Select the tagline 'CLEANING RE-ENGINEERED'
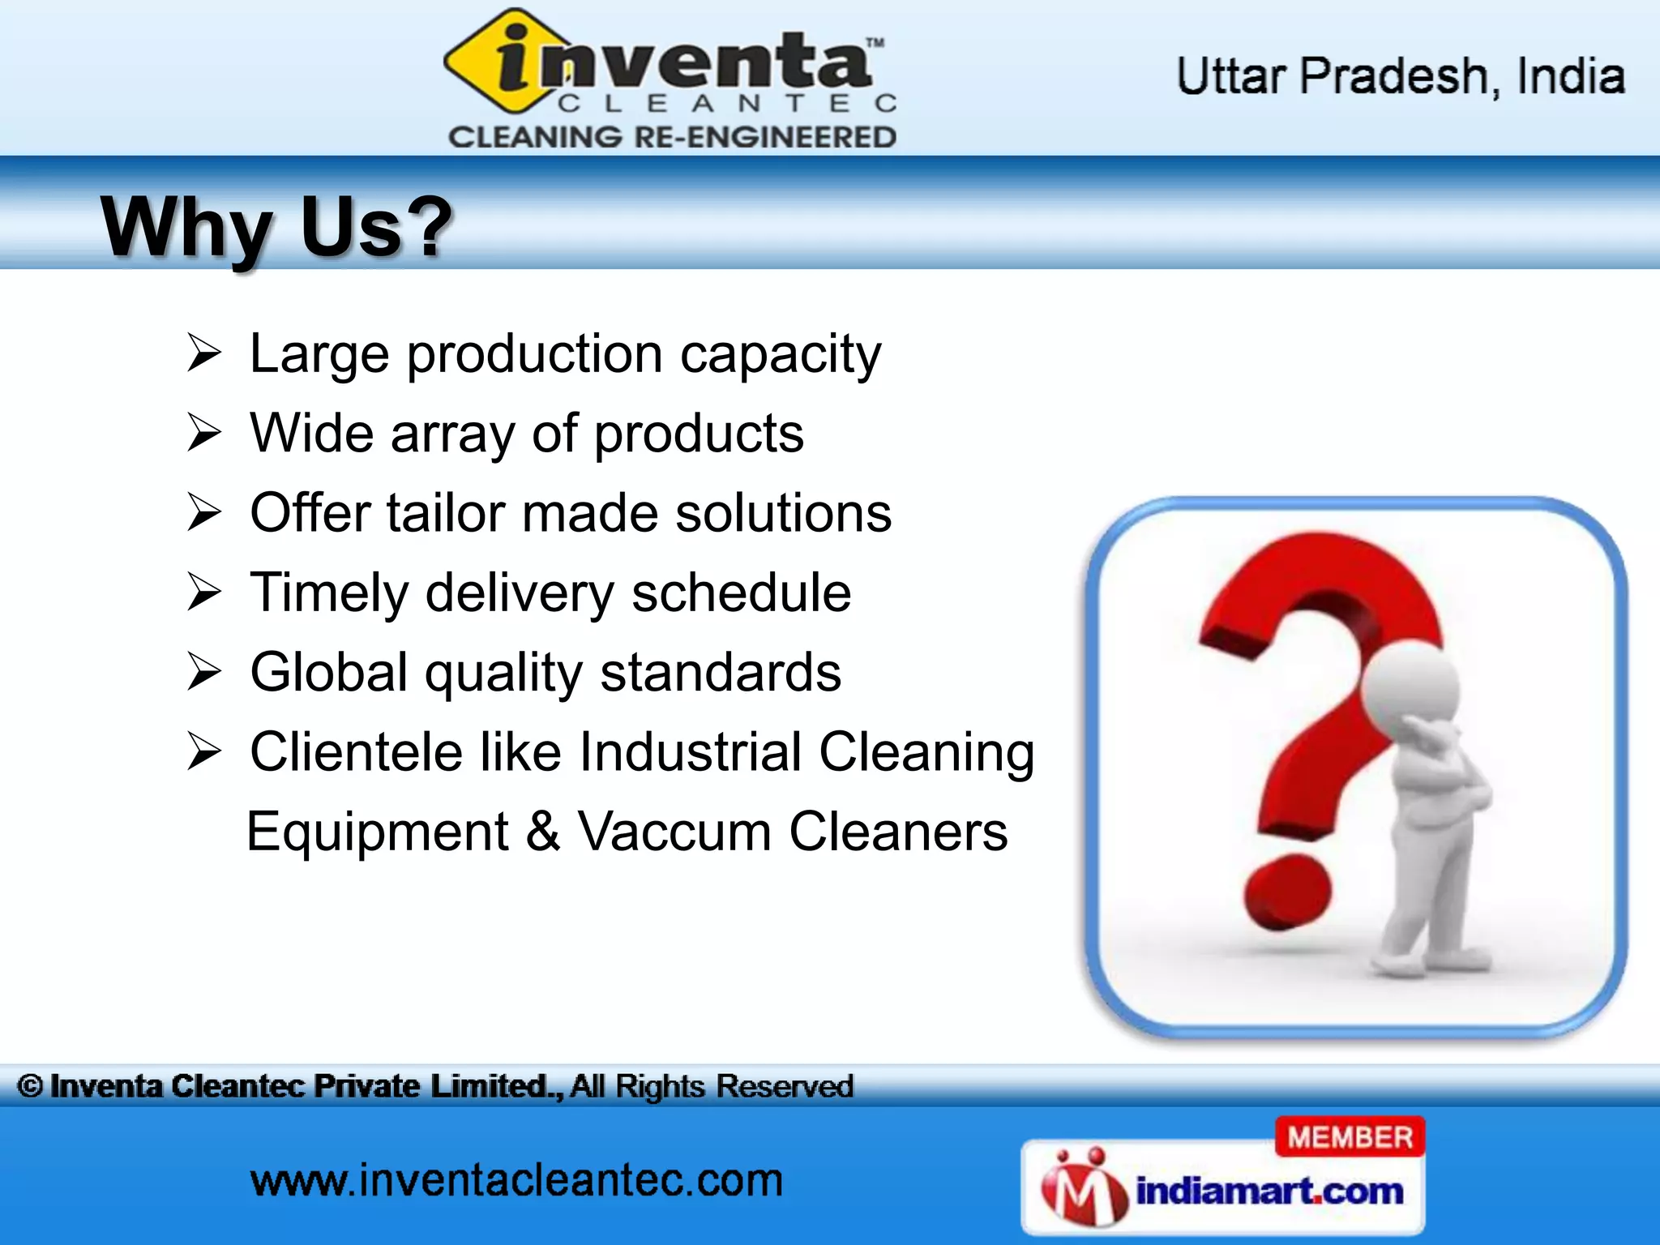pos(673,137)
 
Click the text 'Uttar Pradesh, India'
pos(1400,77)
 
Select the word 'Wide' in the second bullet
pos(311,433)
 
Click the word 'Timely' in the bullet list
pos(329,593)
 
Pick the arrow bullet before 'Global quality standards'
pos(203,672)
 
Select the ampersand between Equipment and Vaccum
pos(542,832)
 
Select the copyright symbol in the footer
pos(30,1086)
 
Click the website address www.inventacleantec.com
pos(516,1180)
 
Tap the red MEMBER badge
pos(1350,1137)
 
